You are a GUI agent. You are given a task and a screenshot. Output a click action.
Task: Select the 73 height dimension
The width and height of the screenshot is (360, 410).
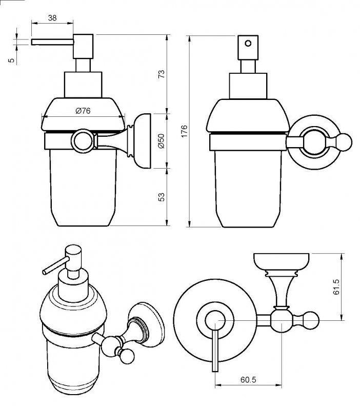point(162,74)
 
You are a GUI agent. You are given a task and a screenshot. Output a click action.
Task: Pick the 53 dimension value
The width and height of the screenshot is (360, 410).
point(162,196)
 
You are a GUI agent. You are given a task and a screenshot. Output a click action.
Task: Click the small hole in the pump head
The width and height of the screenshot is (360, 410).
point(249,43)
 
